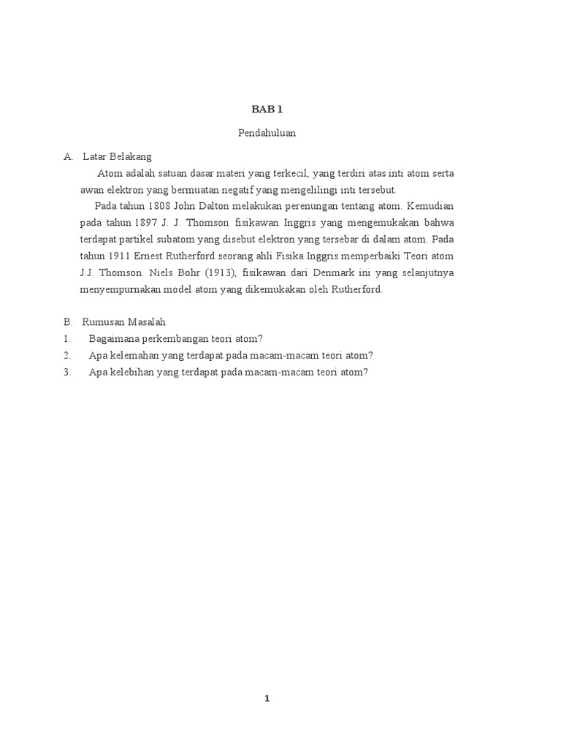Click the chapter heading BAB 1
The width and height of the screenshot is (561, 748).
point(267,110)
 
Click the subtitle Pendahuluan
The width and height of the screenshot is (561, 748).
point(267,133)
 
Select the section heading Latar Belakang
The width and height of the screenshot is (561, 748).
point(118,156)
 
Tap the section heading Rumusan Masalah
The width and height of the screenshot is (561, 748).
point(124,321)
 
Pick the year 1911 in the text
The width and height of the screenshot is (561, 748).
point(118,256)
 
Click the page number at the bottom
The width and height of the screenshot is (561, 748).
point(267,699)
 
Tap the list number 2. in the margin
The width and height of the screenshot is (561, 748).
point(67,355)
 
